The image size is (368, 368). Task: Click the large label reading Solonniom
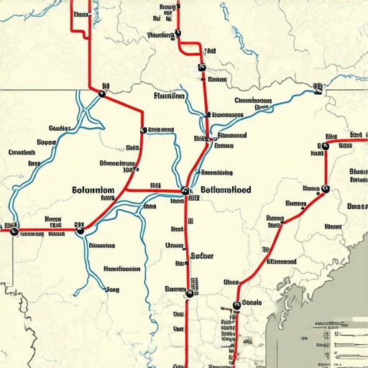point(93,190)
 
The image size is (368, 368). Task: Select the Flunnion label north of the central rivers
point(170,95)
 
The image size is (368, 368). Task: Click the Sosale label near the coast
point(252,303)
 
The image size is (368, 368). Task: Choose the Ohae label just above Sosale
point(231,282)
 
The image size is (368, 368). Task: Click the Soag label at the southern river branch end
point(112,290)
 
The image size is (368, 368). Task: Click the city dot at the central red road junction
point(185,191)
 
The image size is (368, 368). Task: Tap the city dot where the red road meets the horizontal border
point(102,92)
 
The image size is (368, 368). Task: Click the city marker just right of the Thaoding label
point(179,34)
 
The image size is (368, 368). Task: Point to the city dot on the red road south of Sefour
point(190,293)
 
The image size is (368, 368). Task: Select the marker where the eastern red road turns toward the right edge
point(325,146)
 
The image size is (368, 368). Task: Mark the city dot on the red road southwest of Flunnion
point(143,130)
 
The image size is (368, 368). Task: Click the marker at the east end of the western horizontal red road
point(80,231)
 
